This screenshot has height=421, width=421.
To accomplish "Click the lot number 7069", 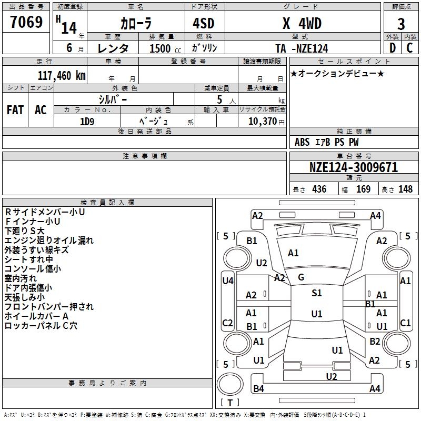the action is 27,22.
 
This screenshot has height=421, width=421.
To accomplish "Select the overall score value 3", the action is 402,24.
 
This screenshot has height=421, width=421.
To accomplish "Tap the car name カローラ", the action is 135,24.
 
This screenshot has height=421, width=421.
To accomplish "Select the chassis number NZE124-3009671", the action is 354,168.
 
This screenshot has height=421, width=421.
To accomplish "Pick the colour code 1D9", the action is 87,121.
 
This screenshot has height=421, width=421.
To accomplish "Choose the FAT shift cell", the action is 15,110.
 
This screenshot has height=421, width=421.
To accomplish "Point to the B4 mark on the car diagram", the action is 259,389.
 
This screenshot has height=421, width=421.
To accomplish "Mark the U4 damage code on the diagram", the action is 228,281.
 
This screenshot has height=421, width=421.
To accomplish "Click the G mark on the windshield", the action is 301,277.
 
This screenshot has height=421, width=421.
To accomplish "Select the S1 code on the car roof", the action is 317,293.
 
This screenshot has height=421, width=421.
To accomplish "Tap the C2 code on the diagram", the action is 228,323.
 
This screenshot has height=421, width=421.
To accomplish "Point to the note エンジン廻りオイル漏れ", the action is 49,240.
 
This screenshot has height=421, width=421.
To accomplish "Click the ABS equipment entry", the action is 302,142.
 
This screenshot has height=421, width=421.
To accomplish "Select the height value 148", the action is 406,189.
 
